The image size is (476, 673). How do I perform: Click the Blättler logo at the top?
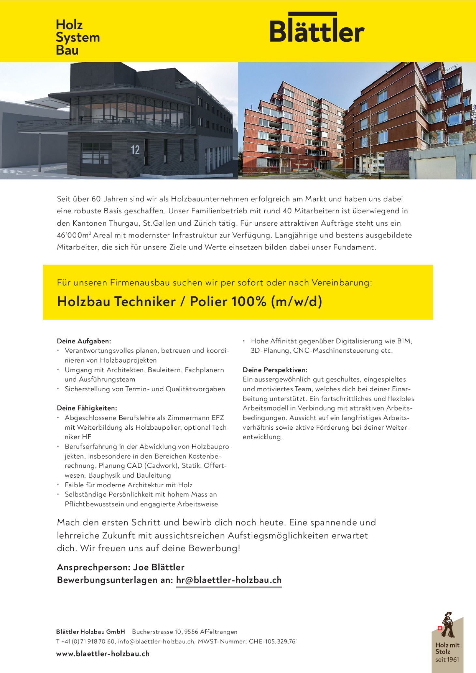317,29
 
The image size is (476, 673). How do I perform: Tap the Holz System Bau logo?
78,37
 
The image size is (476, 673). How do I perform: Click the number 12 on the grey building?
135,150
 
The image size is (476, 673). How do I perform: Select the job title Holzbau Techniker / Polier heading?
189,302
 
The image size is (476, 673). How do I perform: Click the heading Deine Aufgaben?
84,341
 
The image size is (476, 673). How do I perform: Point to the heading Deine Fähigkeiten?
87,408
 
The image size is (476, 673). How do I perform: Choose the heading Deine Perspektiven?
275,370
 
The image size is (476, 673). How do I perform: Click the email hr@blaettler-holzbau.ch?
229,580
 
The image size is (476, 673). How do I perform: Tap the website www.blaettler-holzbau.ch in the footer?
103,653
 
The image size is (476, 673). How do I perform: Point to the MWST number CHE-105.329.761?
273,641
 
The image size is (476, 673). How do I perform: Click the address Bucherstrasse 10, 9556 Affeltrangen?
185,632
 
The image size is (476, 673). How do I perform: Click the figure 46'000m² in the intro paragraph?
74,235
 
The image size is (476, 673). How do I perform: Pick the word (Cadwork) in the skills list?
162,465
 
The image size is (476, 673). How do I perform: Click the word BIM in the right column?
405,341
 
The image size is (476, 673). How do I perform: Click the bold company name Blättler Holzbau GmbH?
90,632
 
